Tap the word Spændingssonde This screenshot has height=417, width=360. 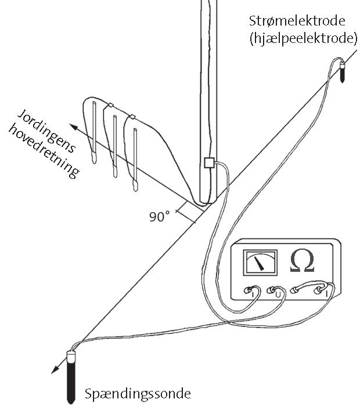click(138, 394)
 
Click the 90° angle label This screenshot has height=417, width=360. click(159, 217)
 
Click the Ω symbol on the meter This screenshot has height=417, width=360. click(301, 262)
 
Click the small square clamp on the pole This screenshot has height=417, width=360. click(210, 164)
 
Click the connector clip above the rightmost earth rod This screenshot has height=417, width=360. click(132, 116)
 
